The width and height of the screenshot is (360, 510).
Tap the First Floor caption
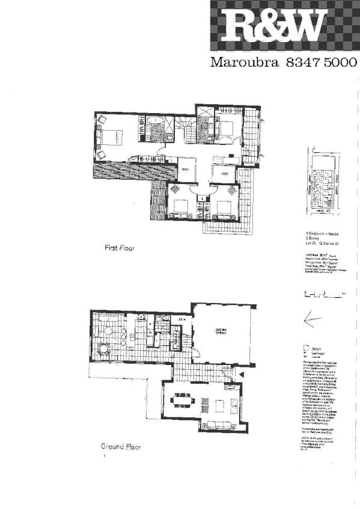119,247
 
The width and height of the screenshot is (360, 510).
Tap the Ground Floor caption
121,447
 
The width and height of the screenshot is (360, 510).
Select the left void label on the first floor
185,170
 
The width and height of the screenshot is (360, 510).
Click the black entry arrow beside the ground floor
241,373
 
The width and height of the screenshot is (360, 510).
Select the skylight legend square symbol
306,347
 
